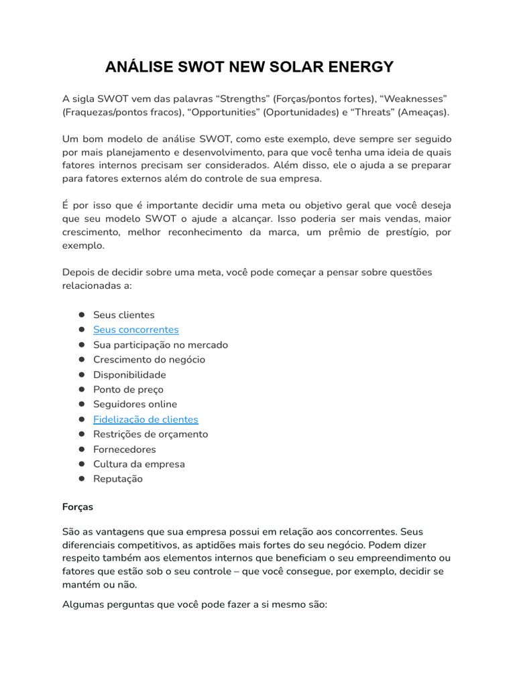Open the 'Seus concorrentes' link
coord(135,330)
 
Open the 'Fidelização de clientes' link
coord(146,419)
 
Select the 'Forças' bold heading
coord(78,507)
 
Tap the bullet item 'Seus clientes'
coord(123,315)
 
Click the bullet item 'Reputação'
coord(118,479)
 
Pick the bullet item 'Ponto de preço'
coord(128,389)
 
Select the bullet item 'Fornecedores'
coord(124,449)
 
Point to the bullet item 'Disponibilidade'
coord(129,374)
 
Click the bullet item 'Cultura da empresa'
coord(139,464)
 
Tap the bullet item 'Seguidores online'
coord(135,404)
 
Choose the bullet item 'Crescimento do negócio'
coord(149,360)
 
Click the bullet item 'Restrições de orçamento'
coord(150,434)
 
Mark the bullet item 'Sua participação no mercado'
coord(160,345)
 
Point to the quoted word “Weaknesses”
coord(414,98)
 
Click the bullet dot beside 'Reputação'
coord(81,479)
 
